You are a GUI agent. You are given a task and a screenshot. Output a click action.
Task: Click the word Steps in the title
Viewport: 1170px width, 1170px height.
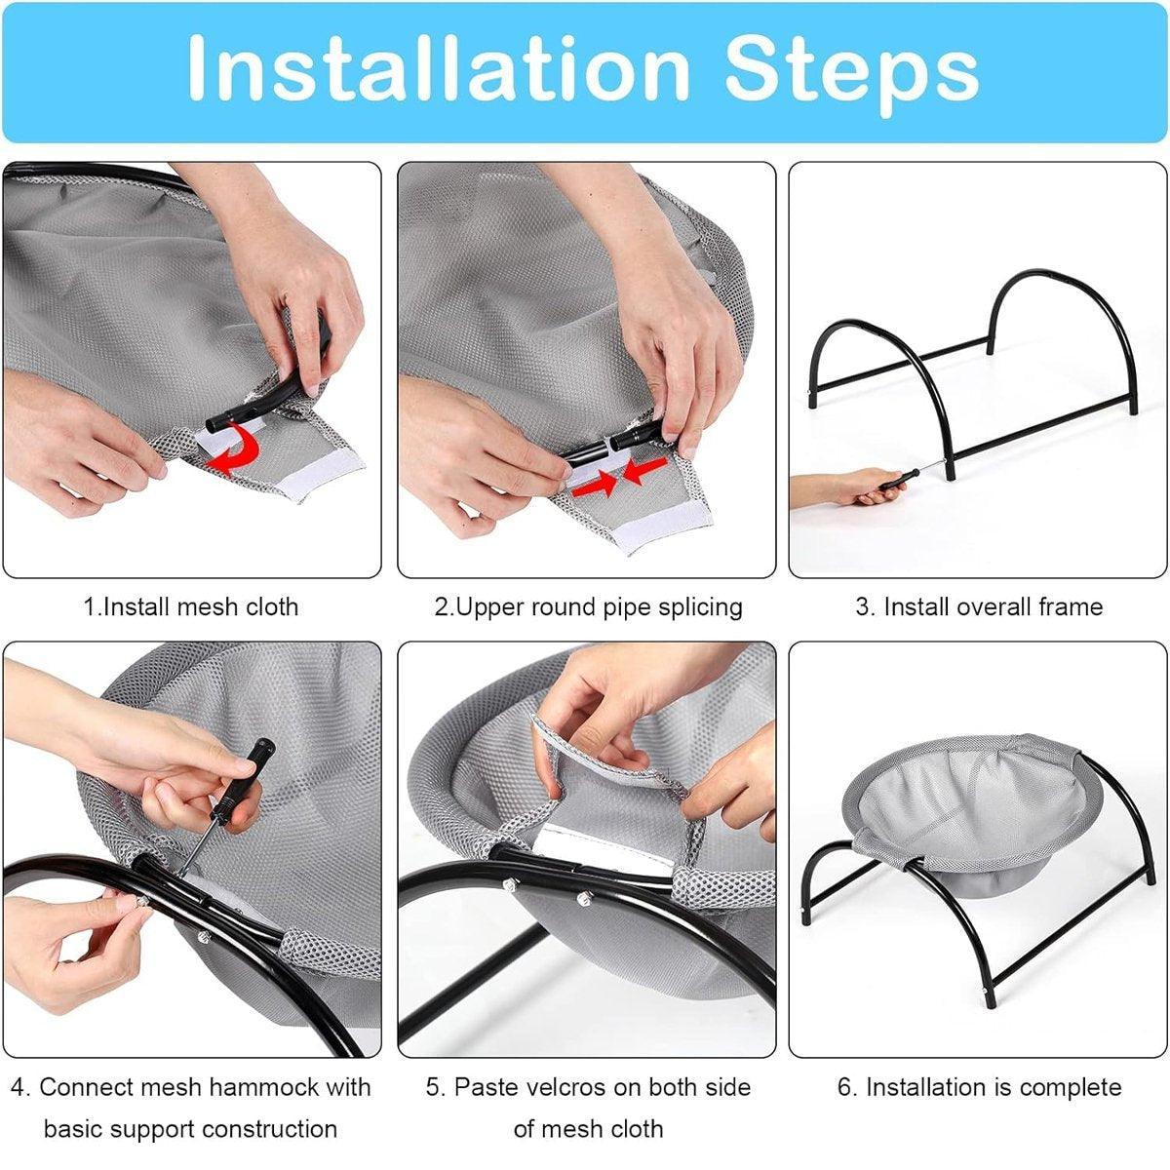click(851, 75)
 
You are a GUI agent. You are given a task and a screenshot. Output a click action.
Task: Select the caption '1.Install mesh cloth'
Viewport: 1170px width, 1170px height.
click(191, 607)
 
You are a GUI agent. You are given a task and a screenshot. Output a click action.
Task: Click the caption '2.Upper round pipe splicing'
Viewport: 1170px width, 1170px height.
click(588, 607)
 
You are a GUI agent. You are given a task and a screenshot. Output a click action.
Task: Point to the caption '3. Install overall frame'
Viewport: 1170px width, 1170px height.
click(979, 607)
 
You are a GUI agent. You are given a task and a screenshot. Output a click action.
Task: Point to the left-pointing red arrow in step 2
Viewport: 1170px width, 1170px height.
click(645, 471)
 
